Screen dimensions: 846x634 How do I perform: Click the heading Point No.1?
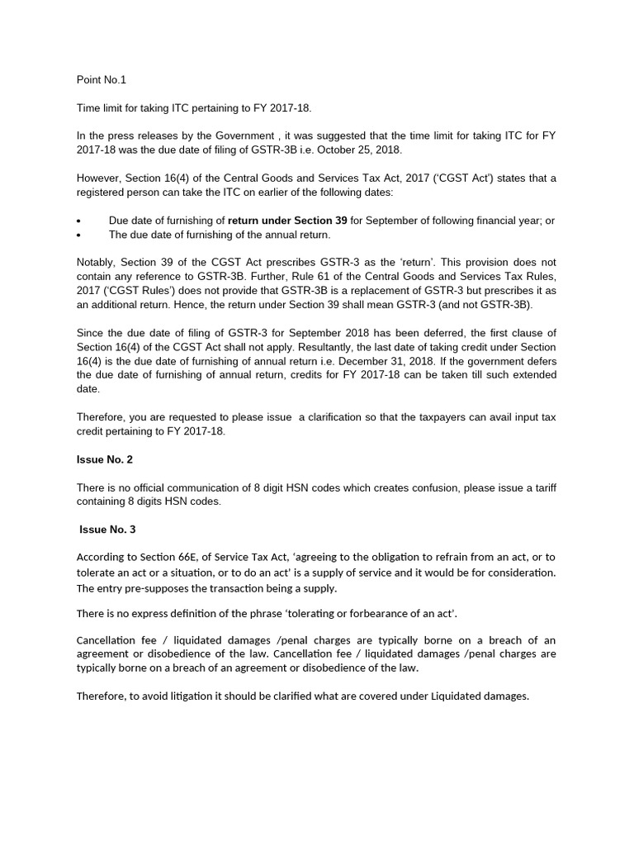[102, 80]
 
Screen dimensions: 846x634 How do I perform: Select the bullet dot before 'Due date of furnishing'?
[78, 221]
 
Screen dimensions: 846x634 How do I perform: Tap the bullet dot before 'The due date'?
[78, 235]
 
